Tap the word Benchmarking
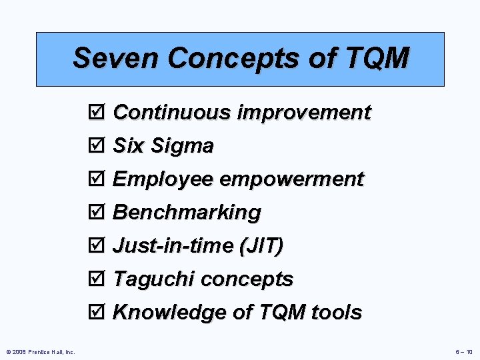coord(187,213)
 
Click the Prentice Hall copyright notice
coord(40,351)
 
